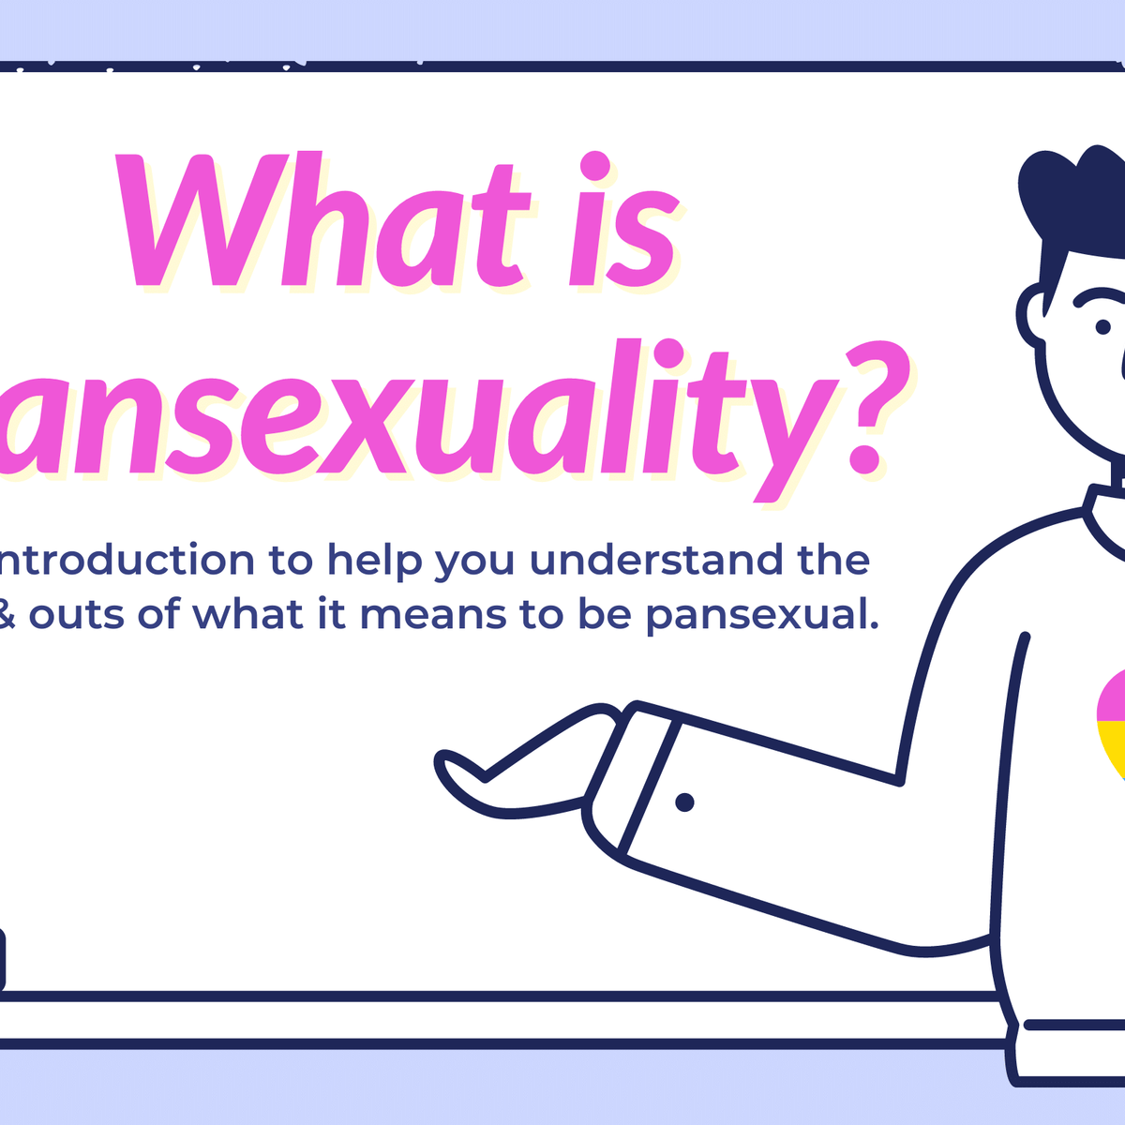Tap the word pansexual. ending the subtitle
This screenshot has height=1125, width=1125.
pyautogui.click(x=762, y=616)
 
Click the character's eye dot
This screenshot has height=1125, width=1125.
pyautogui.click(x=1103, y=327)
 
